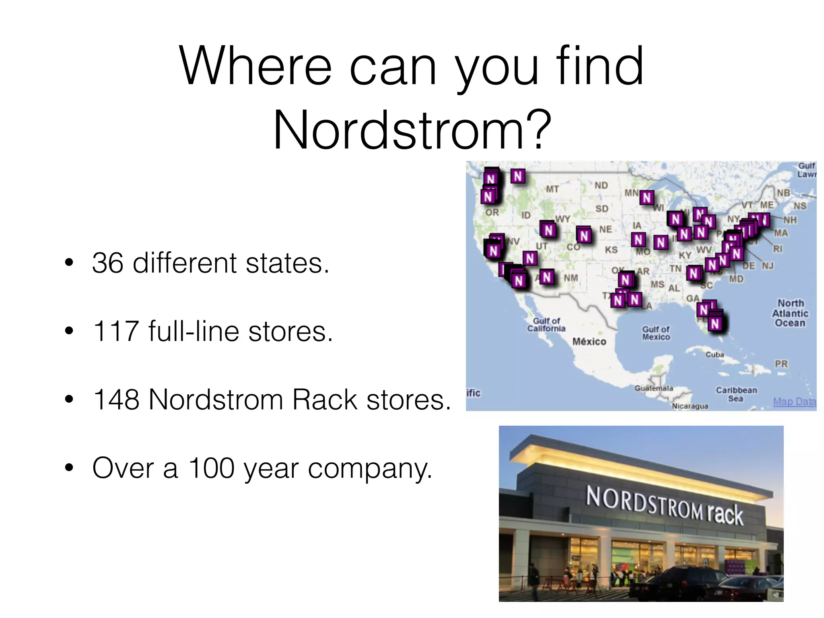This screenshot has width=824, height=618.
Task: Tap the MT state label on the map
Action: [x=552, y=189]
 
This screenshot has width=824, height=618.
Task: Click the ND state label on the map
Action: [x=601, y=185]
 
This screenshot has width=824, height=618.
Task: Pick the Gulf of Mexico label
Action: [x=656, y=333]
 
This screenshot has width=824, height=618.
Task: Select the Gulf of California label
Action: [x=546, y=325]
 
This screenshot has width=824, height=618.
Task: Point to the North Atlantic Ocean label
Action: [x=790, y=313]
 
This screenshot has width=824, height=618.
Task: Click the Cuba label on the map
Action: [x=715, y=354]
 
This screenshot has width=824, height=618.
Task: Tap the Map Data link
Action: [x=794, y=402]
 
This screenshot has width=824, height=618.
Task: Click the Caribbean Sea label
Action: [x=736, y=394]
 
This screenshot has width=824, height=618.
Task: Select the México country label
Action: [x=589, y=342]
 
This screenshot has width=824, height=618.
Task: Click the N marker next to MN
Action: [x=647, y=198]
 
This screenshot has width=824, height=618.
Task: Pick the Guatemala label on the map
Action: [x=654, y=388]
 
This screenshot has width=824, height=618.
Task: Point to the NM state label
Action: [x=571, y=278]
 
